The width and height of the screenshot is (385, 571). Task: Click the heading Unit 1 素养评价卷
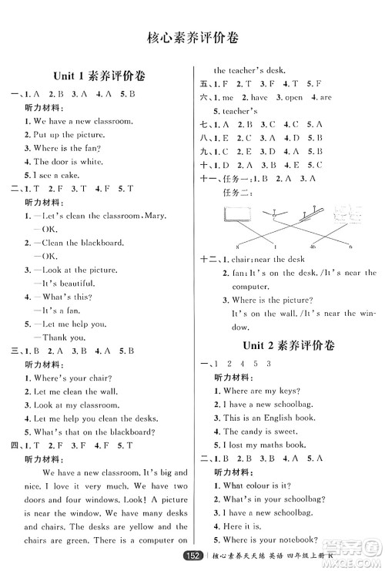point(96,76)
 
